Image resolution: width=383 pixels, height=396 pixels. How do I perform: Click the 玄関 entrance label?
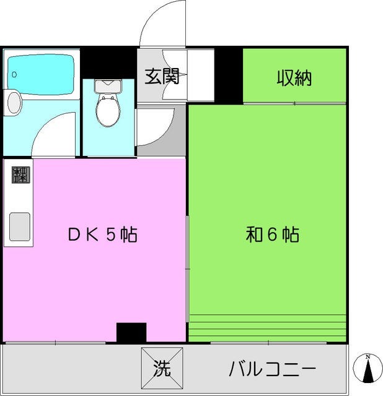point(162,77)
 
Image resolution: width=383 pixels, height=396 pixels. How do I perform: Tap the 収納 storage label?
point(294,78)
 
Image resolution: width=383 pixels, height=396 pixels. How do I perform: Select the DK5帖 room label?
point(103,235)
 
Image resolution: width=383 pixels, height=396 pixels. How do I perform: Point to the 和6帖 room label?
point(273,235)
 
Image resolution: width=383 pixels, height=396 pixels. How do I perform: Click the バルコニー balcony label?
point(273,370)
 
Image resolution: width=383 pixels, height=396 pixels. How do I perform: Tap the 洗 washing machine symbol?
point(162,370)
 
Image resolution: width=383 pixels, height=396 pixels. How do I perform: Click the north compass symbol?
point(368,369)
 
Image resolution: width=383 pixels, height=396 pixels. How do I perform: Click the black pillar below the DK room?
point(131,332)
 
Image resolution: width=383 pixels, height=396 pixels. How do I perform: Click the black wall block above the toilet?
point(109,62)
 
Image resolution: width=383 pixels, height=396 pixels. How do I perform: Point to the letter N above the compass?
point(368,357)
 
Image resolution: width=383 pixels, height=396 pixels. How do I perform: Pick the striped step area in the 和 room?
point(266,327)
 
